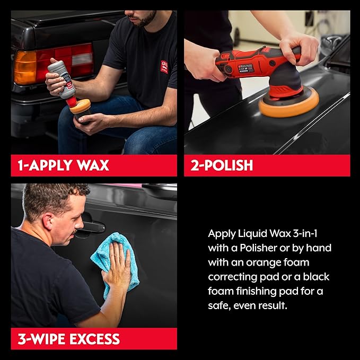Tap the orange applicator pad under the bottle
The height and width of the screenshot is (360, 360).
point(80,106)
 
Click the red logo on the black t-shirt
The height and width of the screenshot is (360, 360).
point(164,67)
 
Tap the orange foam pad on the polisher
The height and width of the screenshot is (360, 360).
point(288,104)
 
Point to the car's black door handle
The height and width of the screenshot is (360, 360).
point(91,226)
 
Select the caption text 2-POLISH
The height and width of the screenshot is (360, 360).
point(222,165)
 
